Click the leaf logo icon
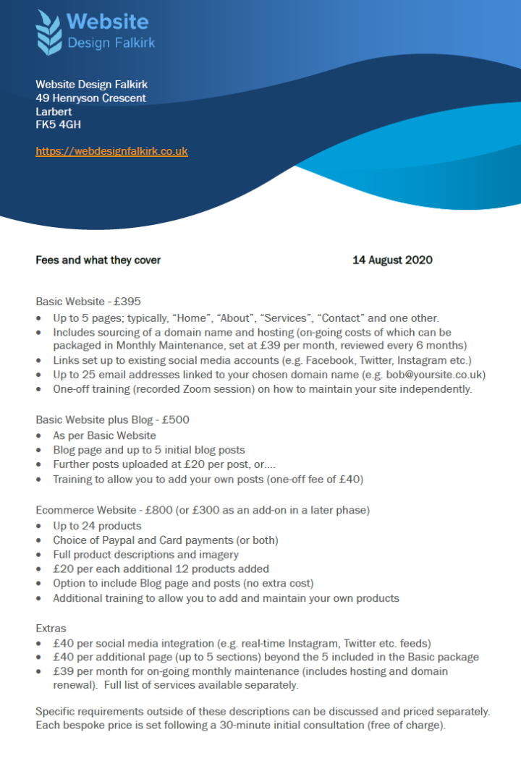(x=49, y=32)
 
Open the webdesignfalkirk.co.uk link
(x=111, y=151)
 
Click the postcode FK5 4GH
(x=58, y=124)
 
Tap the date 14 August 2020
(x=392, y=260)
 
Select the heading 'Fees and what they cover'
(x=98, y=260)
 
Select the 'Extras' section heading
(x=50, y=628)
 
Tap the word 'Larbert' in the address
(x=54, y=111)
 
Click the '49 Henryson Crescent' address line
(x=90, y=98)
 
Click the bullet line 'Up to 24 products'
(x=97, y=525)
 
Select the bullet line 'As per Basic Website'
(x=104, y=435)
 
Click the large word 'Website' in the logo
(x=108, y=22)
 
